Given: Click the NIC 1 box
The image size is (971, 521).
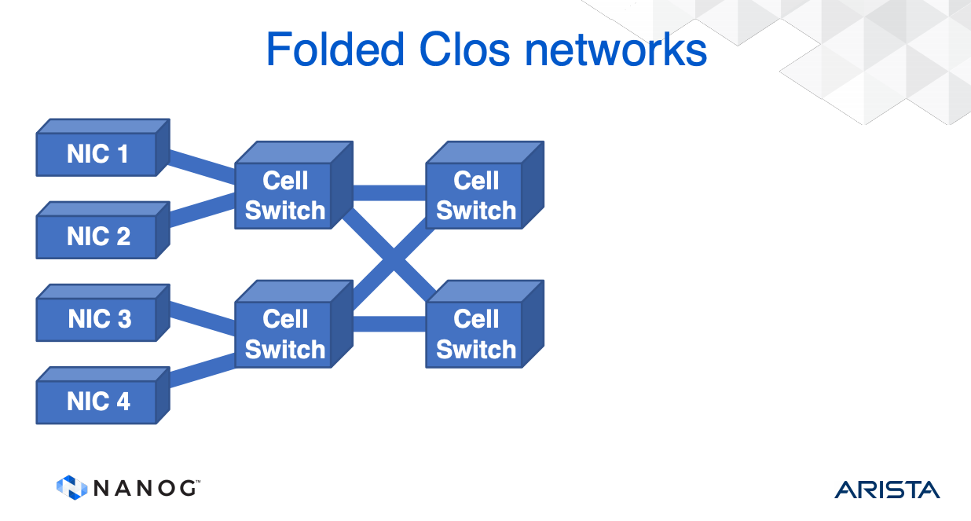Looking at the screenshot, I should click(97, 154).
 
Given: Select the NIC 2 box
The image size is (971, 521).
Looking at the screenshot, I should click(97, 236).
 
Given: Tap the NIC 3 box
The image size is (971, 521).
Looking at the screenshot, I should click(98, 319).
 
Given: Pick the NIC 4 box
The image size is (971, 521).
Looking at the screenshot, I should click(97, 402).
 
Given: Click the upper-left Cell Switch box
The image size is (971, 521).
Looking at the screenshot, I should click(284, 196).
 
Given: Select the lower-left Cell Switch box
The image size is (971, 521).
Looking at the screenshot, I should click(284, 334).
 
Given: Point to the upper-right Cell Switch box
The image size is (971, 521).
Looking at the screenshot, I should click(475, 196).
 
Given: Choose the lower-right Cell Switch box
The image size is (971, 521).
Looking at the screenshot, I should click(475, 334).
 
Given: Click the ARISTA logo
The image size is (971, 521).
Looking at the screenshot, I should click(887, 489).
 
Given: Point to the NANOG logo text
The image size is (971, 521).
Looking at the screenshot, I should click(145, 488).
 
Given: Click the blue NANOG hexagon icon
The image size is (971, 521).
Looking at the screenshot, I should click(71, 487).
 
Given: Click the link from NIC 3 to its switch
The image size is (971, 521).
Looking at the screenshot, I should click(203, 316).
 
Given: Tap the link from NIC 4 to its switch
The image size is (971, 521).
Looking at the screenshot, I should click(203, 368).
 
